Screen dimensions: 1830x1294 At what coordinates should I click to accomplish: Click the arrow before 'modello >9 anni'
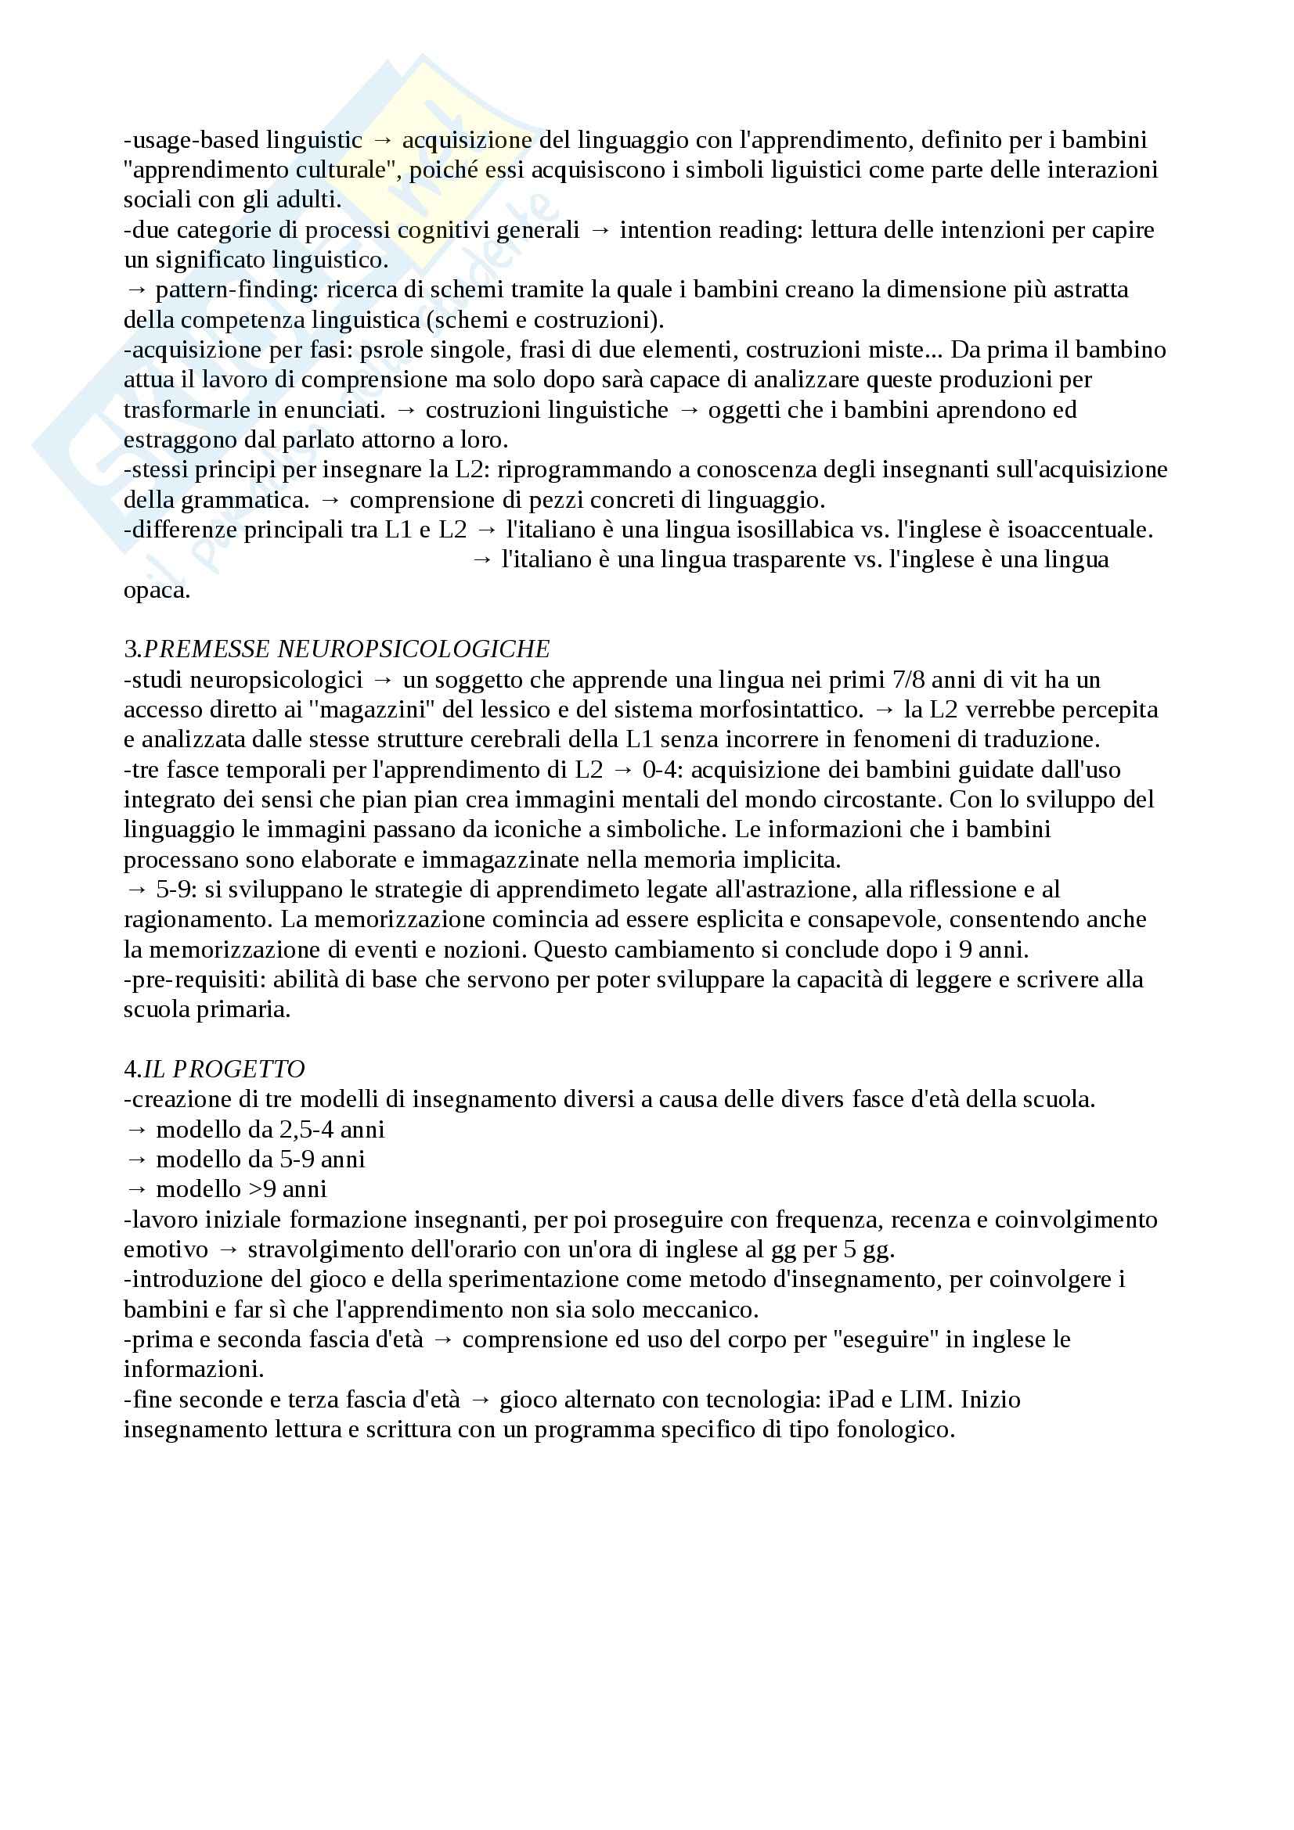pos(136,1189)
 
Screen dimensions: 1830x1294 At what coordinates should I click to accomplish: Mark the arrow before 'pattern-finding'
pos(136,289)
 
